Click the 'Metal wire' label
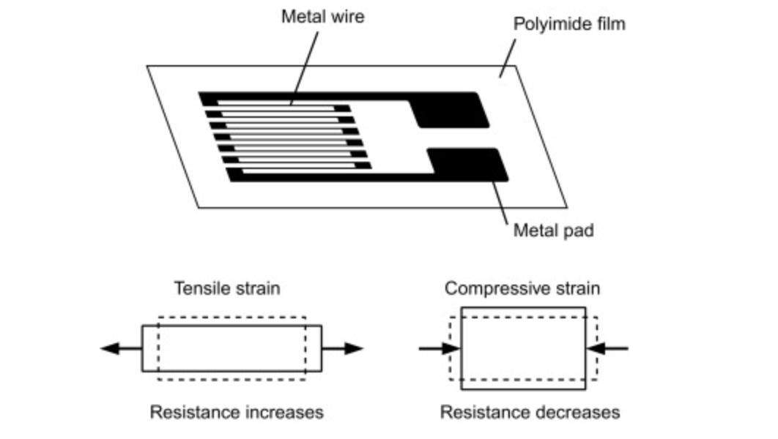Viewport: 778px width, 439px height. (x=322, y=16)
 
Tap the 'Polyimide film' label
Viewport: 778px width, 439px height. (x=568, y=23)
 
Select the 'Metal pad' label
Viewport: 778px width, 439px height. (x=553, y=231)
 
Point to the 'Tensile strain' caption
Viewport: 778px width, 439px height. (x=227, y=288)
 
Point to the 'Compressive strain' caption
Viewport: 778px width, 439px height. (x=522, y=288)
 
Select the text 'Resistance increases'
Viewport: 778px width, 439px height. (x=236, y=413)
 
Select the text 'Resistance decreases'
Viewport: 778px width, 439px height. (x=529, y=413)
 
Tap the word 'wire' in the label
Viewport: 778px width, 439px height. (x=347, y=16)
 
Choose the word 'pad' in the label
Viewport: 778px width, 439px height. (x=577, y=231)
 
